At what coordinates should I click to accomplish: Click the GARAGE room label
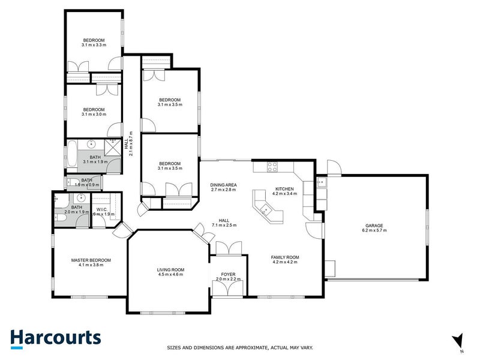pos(376,226)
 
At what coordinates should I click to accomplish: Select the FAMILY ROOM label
pos(286,257)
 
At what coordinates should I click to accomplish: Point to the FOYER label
pos(227,274)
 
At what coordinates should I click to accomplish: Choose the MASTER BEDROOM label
pos(91,260)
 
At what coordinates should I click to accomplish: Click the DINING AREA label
pos(223,185)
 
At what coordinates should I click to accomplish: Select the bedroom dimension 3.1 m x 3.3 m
pos(94,45)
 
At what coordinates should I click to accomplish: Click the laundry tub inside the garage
pos(322,182)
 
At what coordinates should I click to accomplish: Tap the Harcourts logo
pos(55,338)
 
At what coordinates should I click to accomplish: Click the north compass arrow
pos(458,340)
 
